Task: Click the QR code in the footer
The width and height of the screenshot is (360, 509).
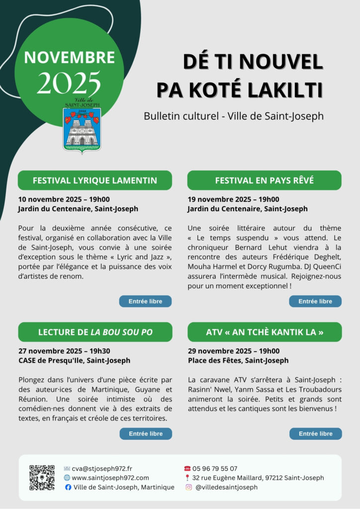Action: coord(42,478)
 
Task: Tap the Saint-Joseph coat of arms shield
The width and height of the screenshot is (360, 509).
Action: coord(82,129)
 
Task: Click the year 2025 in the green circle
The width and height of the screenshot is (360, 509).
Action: coord(69,83)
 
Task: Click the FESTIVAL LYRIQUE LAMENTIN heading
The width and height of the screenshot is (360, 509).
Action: coord(95,180)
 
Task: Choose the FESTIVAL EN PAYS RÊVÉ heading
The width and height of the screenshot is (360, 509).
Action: coord(265,180)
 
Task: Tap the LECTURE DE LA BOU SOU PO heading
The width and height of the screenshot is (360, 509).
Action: coord(95,332)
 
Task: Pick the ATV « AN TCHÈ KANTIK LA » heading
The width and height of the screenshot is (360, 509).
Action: coord(265,332)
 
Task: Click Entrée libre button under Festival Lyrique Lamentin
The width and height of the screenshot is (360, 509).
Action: coord(145,301)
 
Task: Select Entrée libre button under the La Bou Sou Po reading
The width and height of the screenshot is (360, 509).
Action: coord(145,434)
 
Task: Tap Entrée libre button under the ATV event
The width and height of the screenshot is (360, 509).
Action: coord(315,434)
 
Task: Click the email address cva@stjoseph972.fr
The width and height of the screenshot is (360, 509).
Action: coord(102,468)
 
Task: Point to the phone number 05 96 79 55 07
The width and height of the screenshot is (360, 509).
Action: coord(215,468)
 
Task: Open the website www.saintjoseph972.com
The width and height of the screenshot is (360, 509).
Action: coord(110,478)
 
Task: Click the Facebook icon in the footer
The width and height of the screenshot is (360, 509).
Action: coord(68,488)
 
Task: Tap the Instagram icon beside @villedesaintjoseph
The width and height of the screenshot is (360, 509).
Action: coord(188,488)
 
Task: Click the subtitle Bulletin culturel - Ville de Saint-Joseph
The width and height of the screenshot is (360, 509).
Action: coord(234,116)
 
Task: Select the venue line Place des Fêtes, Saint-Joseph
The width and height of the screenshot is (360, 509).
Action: coord(238,360)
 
